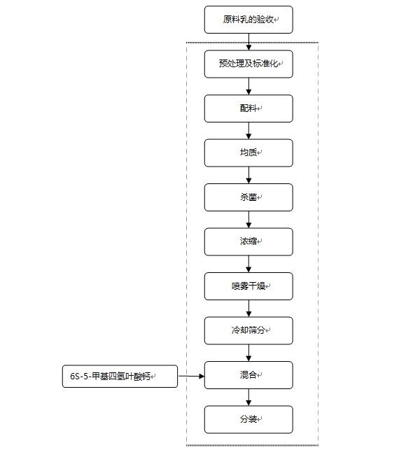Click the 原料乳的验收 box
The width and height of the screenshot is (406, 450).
(248, 20)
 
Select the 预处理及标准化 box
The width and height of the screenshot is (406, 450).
(248, 64)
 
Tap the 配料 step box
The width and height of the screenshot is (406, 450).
(248, 108)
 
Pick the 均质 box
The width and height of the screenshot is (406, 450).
(248, 153)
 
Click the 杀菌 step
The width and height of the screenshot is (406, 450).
(248, 197)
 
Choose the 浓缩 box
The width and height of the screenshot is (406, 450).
(248, 242)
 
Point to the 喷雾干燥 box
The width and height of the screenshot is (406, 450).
(248, 286)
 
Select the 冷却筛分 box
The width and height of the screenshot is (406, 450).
(248, 330)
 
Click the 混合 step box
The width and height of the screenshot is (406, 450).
(248, 375)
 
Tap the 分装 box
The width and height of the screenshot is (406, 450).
(248, 420)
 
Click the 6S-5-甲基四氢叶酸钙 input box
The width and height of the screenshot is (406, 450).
(120, 377)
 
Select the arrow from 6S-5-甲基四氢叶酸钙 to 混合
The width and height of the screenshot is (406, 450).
(191, 376)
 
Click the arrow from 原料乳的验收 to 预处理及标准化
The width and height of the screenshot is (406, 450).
(248, 42)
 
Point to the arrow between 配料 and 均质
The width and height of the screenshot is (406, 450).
(248, 131)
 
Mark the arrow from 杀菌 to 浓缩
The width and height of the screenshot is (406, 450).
(248, 220)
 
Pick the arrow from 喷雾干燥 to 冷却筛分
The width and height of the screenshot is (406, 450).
(248, 309)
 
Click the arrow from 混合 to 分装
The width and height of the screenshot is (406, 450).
(248, 398)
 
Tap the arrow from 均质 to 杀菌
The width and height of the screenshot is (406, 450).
(248, 176)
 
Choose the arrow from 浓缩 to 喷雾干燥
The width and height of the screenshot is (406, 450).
(248, 265)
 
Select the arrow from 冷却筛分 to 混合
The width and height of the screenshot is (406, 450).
(248, 353)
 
